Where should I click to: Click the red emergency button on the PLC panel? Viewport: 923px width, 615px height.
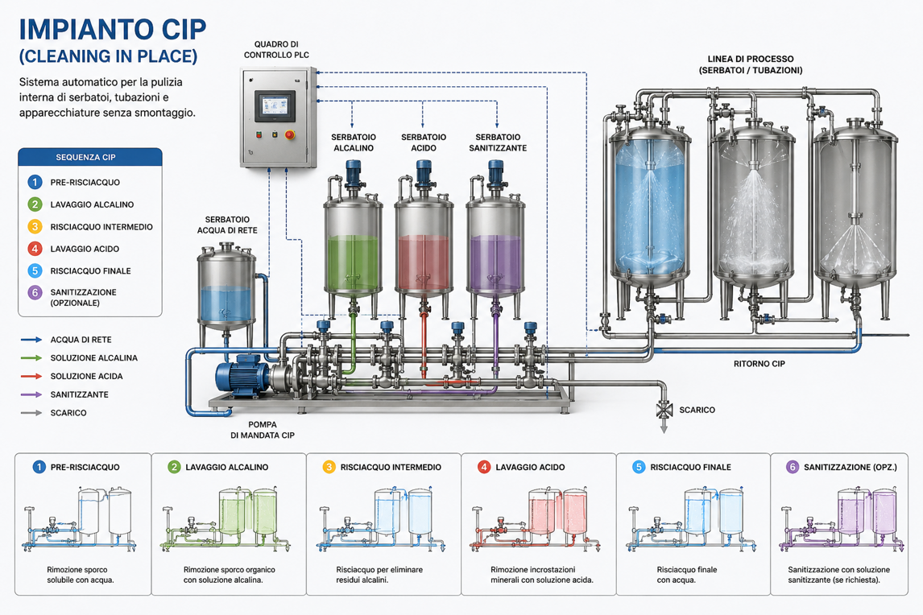290,134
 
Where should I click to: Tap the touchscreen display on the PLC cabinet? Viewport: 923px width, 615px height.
275,106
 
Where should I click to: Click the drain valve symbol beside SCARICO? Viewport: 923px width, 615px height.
664,410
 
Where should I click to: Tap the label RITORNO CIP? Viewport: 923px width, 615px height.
759,364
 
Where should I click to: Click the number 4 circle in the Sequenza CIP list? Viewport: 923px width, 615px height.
35,249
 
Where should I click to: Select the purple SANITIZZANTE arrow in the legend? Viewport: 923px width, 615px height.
31,394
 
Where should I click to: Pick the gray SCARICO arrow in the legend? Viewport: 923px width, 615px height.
31,413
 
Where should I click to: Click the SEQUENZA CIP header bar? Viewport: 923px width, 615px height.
90,157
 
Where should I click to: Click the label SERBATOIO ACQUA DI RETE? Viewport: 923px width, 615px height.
227,225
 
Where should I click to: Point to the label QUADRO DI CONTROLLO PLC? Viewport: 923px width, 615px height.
276,49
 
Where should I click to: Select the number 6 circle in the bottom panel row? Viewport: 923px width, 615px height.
793,467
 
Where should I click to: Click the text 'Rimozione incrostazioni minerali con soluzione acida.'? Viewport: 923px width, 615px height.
541,575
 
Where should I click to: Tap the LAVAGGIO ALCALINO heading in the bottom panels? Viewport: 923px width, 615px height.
226,467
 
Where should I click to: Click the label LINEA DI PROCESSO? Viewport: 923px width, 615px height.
751,59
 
